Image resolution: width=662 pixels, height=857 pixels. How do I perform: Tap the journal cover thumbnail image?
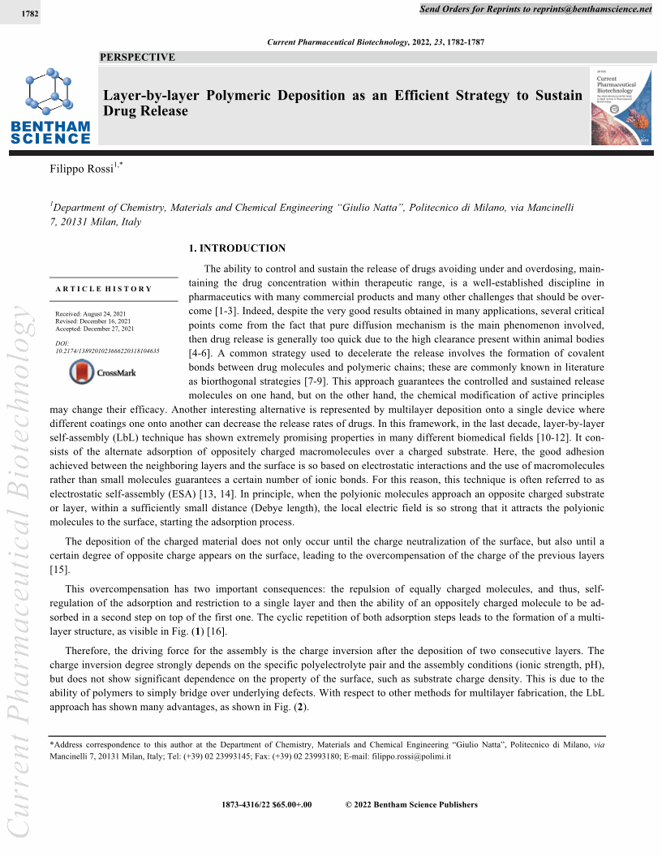[621, 106]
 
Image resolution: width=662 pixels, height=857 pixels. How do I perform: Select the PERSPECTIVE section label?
[137, 58]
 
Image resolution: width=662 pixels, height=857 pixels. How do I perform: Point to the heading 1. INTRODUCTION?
[237, 248]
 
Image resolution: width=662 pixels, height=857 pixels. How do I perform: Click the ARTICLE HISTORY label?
[103, 289]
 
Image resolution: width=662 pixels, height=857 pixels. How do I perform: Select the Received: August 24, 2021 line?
[94, 313]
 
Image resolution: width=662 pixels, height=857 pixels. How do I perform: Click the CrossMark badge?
[104, 373]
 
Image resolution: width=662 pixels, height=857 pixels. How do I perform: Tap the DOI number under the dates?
[107, 351]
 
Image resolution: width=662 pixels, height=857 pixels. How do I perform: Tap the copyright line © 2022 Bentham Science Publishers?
[411, 805]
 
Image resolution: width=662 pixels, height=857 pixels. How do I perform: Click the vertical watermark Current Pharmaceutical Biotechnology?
[21, 568]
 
